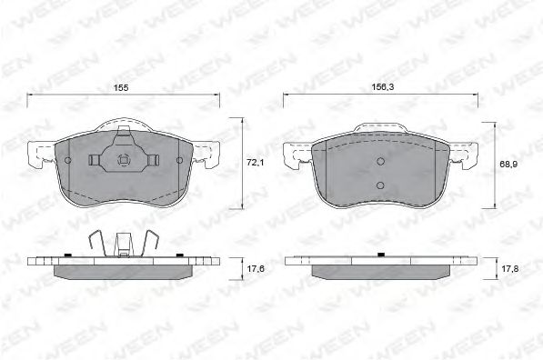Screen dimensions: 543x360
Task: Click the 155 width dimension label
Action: [x=121, y=88]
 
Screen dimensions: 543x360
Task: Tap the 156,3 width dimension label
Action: [x=383, y=87]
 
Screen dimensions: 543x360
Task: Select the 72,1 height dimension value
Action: [x=255, y=162]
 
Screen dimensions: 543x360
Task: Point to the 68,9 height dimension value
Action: [x=508, y=165]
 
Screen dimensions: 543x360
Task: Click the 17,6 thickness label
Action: [x=256, y=268]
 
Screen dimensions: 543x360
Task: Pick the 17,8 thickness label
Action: [x=509, y=268]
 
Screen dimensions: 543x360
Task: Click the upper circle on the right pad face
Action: [x=380, y=161]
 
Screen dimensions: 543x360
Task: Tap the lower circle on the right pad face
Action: [x=380, y=185]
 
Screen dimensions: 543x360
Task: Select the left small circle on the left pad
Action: [x=68, y=160]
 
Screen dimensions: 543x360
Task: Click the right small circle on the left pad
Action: [x=179, y=160]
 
